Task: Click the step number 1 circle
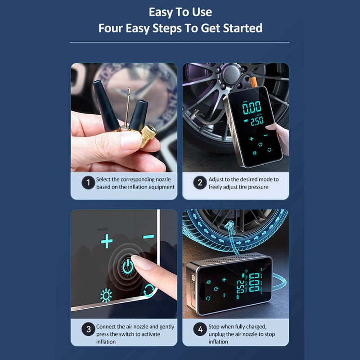coord(88,183)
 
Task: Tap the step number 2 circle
coord(200,183)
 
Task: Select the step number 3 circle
coord(88,329)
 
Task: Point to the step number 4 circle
coord(200,329)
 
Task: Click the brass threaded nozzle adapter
coord(148,136)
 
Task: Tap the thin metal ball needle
coord(127,108)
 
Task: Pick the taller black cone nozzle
coord(106,105)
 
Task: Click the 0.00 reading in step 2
coord(252,108)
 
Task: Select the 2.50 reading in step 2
coord(257,121)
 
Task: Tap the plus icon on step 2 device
coord(252,139)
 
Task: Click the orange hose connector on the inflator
coord(253,82)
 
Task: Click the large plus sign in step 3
coord(107,241)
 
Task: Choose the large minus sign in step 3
coord(148,237)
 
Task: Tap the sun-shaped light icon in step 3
coord(106,296)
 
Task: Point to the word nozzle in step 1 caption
coord(163,179)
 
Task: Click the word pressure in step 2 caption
coord(257,187)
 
